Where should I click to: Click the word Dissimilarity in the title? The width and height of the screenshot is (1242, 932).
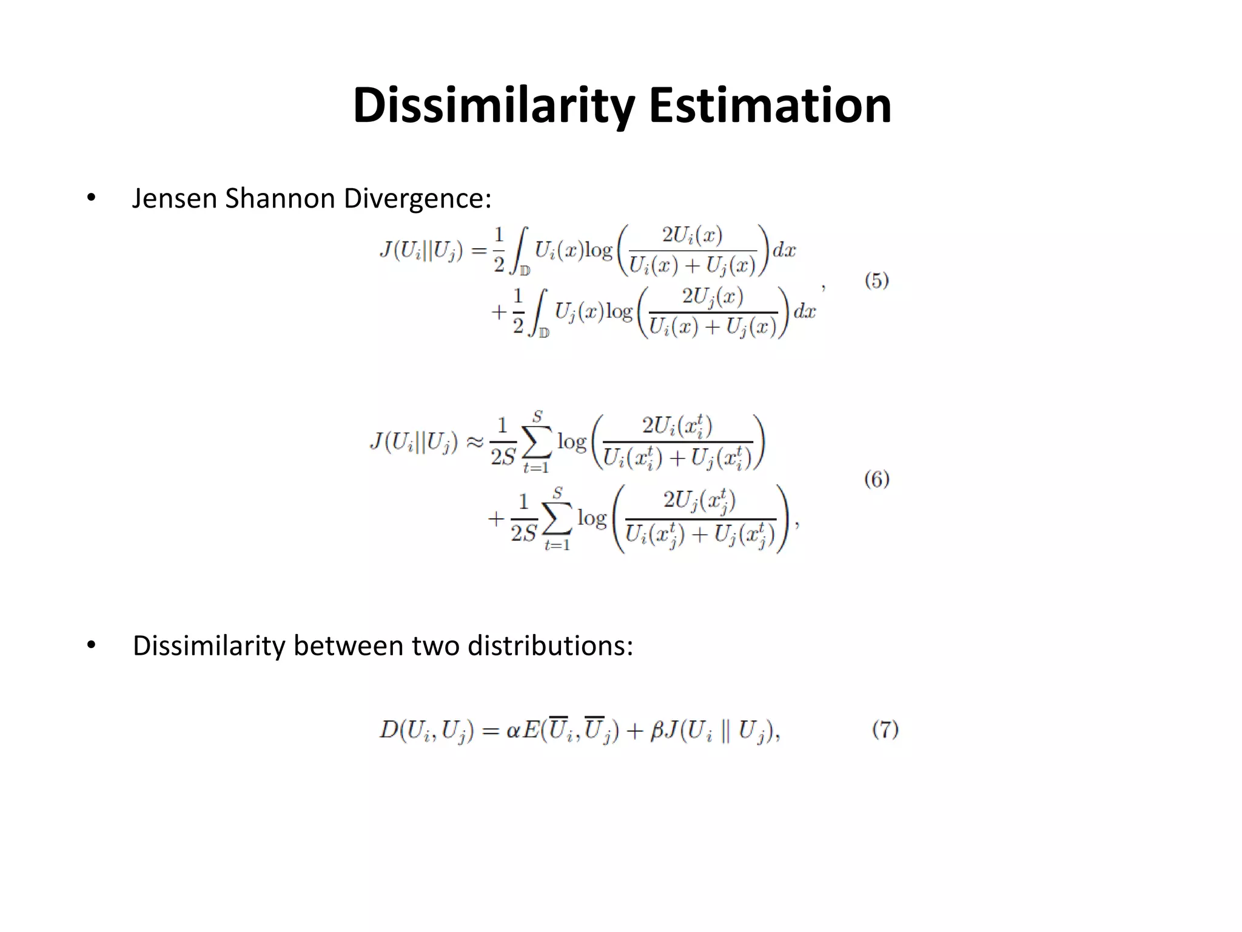click(493, 106)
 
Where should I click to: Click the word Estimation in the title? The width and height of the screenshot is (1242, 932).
click(770, 105)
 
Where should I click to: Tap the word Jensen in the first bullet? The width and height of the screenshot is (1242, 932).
click(174, 198)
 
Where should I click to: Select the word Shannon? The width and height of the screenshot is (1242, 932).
click(280, 198)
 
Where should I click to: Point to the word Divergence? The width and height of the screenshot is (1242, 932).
click(417, 200)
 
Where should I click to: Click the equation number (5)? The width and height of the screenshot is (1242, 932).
click(876, 281)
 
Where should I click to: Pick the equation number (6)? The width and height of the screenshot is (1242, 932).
click(876, 479)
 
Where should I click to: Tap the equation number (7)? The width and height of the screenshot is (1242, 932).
click(885, 729)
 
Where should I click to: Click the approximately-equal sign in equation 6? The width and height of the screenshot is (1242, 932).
click(474, 442)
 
